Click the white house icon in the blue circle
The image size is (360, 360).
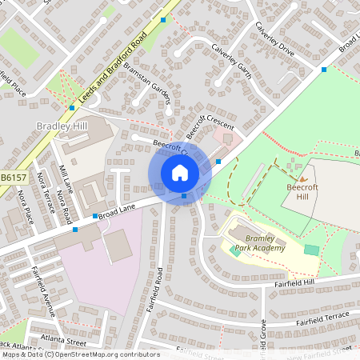[180, 172]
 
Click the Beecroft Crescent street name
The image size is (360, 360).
[210, 129]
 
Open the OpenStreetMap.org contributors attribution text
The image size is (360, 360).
[104, 354]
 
